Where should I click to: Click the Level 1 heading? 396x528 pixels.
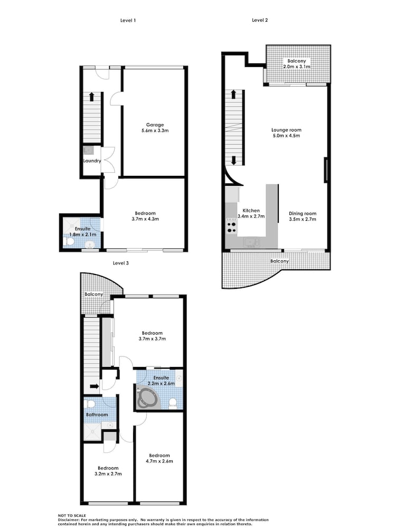click(128, 20)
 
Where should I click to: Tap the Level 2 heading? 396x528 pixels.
click(260, 20)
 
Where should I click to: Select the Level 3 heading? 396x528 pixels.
click(120, 263)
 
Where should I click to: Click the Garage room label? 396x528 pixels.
click(155, 125)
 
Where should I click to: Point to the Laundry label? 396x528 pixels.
click(92, 161)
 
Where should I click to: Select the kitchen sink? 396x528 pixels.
click(251, 242)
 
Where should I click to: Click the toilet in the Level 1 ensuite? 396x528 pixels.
click(70, 242)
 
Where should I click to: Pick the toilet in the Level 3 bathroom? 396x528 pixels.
click(90, 403)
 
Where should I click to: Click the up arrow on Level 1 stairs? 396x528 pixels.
click(91, 97)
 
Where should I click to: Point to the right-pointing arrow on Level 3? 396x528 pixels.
click(95, 386)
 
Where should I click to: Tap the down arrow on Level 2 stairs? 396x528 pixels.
click(233, 161)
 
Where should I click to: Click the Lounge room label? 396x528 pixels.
click(287, 130)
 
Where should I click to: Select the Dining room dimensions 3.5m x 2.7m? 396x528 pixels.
click(303, 219)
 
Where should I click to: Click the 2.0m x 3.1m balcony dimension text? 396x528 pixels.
click(297, 67)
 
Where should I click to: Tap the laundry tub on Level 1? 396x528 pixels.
click(88, 150)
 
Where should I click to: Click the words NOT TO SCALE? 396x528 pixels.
click(72, 515)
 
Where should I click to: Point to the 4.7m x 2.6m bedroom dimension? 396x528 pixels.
click(159, 461)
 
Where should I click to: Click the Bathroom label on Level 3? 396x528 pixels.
click(97, 415)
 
